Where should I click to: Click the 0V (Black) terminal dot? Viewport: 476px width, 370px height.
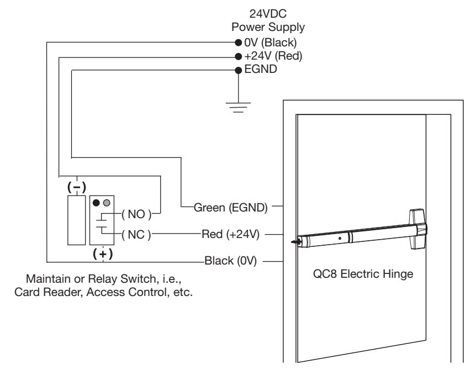click(239, 43)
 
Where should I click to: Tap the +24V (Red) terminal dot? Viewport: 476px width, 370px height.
click(239, 56)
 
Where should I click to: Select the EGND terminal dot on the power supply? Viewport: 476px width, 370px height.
click(239, 71)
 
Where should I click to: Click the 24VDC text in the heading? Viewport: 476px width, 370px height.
click(268, 14)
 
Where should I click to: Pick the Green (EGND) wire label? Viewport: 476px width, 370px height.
click(231, 208)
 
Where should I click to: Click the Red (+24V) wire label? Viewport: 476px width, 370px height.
click(231, 234)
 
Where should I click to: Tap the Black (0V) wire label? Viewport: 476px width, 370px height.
click(231, 261)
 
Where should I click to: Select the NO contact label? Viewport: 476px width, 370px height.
click(136, 214)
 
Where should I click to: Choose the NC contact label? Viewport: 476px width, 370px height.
click(136, 235)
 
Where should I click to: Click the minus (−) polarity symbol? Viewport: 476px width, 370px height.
click(77, 187)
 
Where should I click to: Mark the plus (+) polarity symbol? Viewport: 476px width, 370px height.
click(103, 253)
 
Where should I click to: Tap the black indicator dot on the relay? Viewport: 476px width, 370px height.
click(96, 203)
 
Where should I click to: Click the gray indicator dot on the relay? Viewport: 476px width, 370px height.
click(107, 203)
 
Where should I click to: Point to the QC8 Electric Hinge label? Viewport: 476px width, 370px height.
click(363, 274)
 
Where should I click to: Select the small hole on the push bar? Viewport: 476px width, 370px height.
click(340, 238)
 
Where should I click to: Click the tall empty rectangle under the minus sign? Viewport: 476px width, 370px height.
click(77, 220)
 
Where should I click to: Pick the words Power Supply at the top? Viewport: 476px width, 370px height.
click(268, 27)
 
